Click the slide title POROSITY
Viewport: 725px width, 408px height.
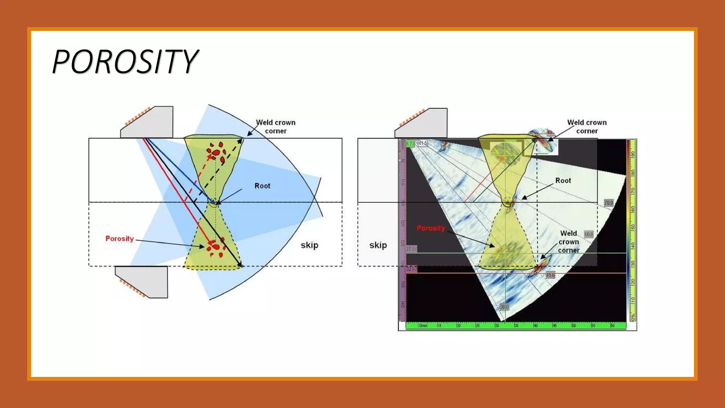125,62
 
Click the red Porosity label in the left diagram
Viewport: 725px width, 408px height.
120,239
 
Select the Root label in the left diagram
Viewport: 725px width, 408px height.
262,186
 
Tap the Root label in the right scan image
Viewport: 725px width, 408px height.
563,181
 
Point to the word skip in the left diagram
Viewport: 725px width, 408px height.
309,245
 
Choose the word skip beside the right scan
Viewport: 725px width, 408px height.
378,245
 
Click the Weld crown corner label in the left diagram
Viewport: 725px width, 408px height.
276,126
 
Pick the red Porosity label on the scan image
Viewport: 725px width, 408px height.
430,228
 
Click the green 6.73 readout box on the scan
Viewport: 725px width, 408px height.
410,143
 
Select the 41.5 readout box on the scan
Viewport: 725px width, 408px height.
422,143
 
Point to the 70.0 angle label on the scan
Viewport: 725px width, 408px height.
609,203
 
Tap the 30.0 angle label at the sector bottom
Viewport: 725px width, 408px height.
504,306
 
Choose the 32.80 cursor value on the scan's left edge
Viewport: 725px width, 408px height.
411,269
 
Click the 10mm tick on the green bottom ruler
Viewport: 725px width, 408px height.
423,325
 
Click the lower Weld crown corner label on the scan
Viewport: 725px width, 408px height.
569,242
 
